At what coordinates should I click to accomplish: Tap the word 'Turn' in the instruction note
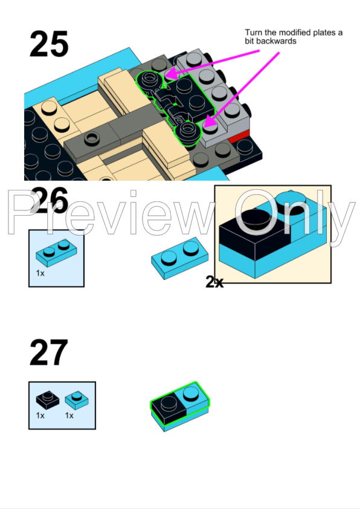254,33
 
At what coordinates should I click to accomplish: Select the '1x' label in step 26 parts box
41,273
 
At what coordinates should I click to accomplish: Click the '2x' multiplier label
214,282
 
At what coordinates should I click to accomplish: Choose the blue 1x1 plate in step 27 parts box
76,398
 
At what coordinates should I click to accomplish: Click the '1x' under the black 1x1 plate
40,416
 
